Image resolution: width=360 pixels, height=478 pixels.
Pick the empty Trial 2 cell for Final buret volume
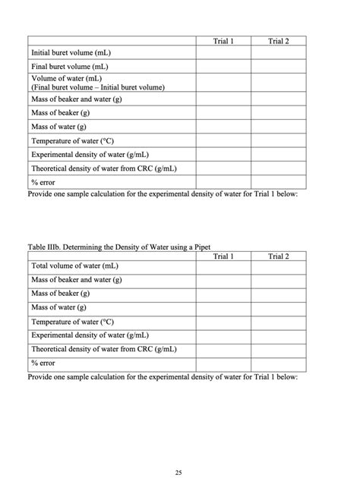point(279,67)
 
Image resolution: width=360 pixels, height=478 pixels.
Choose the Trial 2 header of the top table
point(279,41)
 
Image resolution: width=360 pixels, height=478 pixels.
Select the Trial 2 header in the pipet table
point(279,256)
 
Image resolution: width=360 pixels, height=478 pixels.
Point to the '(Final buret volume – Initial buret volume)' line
point(97,87)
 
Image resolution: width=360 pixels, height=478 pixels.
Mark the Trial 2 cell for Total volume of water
point(279,266)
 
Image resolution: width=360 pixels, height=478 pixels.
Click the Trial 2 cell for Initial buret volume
point(279,53)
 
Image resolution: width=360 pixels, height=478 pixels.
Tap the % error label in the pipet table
point(43,363)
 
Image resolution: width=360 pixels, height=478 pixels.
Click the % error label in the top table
point(43,182)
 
